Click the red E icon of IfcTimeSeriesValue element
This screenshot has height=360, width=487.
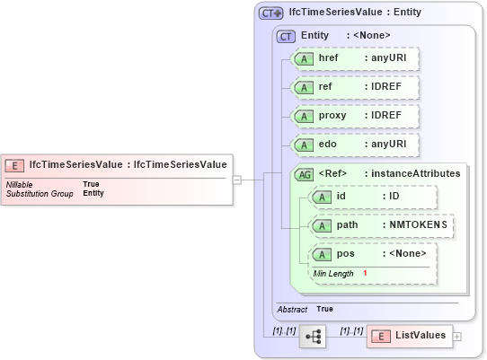[x=15, y=165]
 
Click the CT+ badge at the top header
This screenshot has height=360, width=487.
[x=270, y=13]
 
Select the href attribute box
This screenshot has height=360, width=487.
[x=356, y=57]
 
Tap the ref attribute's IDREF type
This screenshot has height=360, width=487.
[x=381, y=87]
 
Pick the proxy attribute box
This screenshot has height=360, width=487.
[x=356, y=116]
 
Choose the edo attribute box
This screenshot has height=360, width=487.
[x=356, y=145]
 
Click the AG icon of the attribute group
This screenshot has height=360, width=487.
[x=305, y=173]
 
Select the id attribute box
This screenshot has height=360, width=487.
[x=372, y=198]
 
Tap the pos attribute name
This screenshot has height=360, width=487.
[x=345, y=254]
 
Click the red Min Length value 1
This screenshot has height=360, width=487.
[x=366, y=273]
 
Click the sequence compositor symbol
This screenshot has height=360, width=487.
[x=313, y=336]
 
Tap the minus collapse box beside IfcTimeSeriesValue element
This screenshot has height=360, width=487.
[x=236, y=179]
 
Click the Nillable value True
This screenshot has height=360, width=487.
[x=91, y=184]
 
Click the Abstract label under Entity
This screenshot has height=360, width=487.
[x=292, y=309]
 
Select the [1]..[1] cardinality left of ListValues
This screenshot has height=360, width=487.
[x=351, y=330]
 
